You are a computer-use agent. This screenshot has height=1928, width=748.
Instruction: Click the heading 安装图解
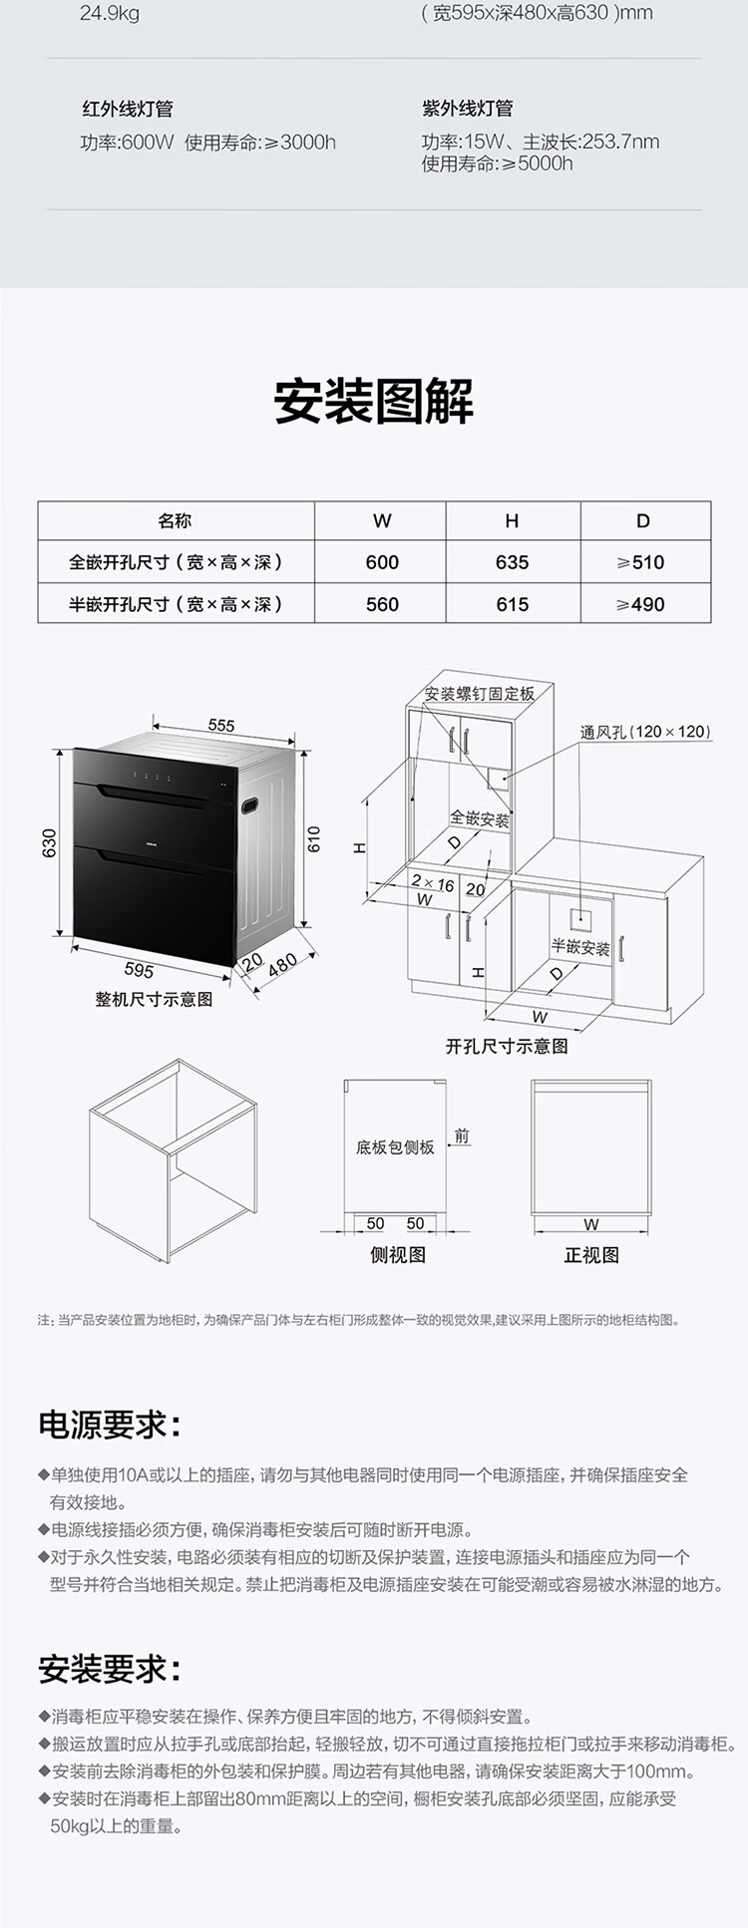pyautogui.click(x=374, y=401)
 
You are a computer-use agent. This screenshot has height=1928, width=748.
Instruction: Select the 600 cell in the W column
pyautogui.click(x=382, y=562)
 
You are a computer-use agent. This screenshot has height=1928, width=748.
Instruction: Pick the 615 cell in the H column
pyautogui.click(x=513, y=604)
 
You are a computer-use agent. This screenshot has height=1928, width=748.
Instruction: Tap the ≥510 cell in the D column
pyautogui.click(x=640, y=562)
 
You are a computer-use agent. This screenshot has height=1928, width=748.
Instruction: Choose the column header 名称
pyautogui.click(x=175, y=520)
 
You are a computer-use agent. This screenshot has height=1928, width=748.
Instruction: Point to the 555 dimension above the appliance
pyautogui.click(x=221, y=726)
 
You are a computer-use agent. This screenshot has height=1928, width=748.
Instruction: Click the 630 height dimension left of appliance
pyautogui.click(x=50, y=843)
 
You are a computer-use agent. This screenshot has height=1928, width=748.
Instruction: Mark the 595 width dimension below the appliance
pyautogui.click(x=139, y=970)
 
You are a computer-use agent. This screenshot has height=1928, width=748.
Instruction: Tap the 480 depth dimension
pyautogui.click(x=282, y=965)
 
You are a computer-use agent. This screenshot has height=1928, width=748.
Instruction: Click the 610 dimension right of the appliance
pyautogui.click(x=314, y=839)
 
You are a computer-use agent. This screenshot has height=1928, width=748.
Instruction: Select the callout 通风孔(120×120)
pyautogui.click(x=646, y=732)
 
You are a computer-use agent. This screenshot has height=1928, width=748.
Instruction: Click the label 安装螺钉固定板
pyautogui.click(x=480, y=694)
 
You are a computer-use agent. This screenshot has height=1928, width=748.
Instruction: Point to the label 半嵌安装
pyautogui.click(x=580, y=947)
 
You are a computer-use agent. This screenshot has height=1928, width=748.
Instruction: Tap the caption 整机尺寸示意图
pyautogui.click(x=154, y=999)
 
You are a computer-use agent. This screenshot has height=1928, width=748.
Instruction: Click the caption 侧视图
pyautogui.click(x=398, y=1255)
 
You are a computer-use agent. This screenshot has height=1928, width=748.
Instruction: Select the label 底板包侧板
pyautogui.click(x=395, y=1147)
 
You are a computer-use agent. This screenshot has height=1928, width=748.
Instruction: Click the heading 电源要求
pyautogui.click(x=111, y=1425)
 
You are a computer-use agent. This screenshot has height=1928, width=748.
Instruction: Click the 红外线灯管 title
pyautogui.click(x=127, y=109)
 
